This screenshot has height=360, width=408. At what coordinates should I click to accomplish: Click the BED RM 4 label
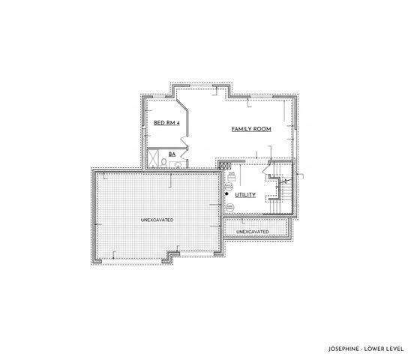click(x=166, y=122)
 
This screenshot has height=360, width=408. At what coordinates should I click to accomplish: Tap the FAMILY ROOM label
click(x=250, y=129)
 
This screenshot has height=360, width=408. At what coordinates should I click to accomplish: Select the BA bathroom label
click(x=172, y=154)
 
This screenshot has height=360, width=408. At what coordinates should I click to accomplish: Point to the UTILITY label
click(x=245, y=195)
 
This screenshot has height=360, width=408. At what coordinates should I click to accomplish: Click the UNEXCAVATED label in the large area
click(x=157, y=220)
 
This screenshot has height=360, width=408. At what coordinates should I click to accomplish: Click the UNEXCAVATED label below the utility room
click(x=252, y=232)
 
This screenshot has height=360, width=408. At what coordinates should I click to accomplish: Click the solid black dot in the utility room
click(x=226, y=194)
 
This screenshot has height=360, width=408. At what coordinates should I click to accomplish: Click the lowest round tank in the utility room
click(x=229, y=205)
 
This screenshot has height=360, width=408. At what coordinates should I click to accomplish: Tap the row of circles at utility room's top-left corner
click(x=223, y=166)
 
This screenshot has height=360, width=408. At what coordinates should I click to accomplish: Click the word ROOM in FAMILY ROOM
click(x=261, y=129)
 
